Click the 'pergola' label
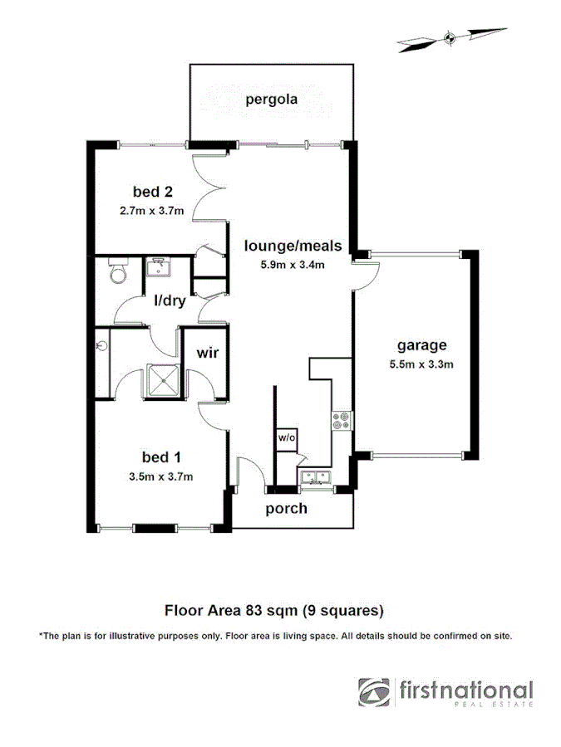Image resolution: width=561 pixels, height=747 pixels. [271, 101]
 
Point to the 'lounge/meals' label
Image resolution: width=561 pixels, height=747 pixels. [283, 246]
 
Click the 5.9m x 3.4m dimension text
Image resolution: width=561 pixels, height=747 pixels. [283, 265]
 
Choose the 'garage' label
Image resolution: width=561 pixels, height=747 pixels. [421, 345]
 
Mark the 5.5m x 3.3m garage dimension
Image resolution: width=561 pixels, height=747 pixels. [421, 364]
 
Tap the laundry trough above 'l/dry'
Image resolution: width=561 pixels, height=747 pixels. [156, 268]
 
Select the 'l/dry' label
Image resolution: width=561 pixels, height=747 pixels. [169, 300]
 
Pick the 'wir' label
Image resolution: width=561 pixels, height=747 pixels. [207, 353]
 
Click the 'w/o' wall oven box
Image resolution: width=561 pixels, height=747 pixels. [286, 437]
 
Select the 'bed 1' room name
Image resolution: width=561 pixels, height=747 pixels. [161, 457]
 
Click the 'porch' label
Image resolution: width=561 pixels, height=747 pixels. [286, 508]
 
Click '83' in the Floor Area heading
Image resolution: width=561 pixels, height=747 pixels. [254, 611]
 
